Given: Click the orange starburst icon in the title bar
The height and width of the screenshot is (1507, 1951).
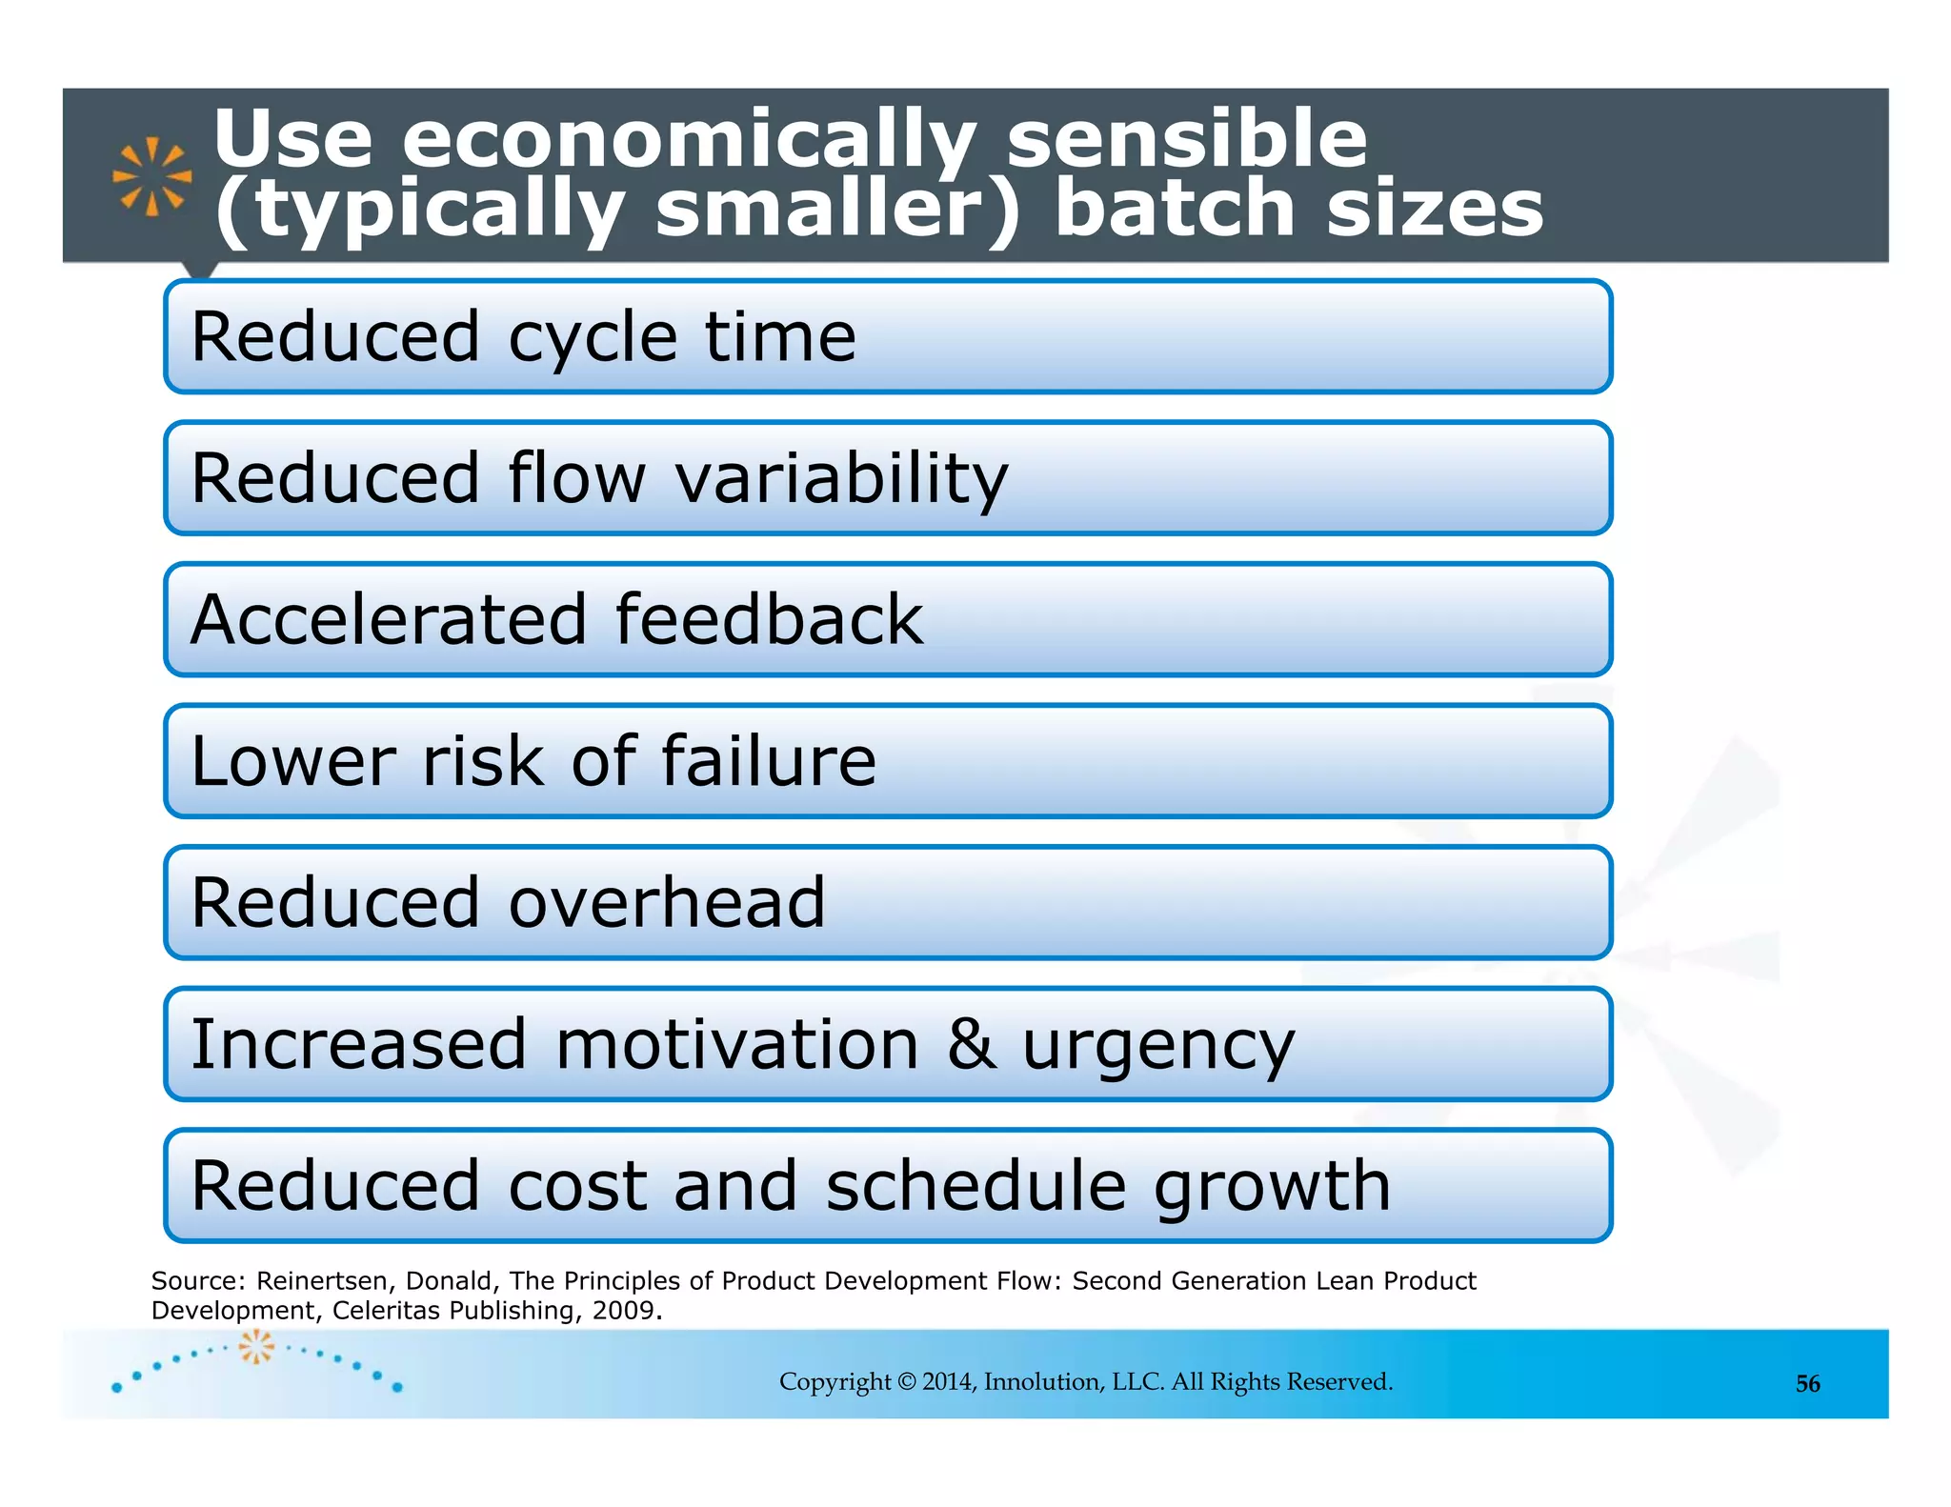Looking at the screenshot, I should (152, 176).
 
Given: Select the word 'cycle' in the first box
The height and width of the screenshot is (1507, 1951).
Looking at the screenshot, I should (593, 338).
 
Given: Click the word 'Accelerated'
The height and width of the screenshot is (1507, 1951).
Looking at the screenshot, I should (389, 620).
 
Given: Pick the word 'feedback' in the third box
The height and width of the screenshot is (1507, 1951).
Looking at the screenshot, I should (769, 620).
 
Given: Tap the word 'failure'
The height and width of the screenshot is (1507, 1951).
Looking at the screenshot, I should (768, 761).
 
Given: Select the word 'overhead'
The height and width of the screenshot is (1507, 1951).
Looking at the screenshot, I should (667, 903).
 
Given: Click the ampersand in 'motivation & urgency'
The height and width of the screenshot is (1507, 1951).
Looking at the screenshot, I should (971, 1044).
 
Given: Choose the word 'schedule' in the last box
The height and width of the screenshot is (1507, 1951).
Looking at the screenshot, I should (976, 1186).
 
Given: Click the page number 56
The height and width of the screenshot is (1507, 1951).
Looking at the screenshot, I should (1807, 1384).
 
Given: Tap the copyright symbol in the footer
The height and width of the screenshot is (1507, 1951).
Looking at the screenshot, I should (906, 1382).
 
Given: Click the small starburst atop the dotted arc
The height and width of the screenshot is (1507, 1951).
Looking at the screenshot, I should (256, 1346).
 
